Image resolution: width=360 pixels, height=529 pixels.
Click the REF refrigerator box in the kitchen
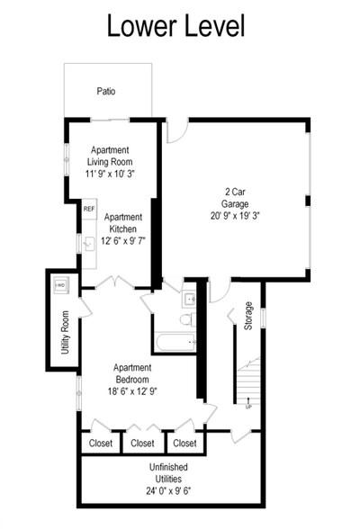coord(88,209)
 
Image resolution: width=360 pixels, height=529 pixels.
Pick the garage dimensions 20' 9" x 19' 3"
coord(234,216)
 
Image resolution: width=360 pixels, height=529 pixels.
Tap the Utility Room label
coord(65,332)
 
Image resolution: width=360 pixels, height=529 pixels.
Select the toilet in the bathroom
coord(186,319)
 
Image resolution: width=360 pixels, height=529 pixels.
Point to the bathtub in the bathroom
coord(175,341)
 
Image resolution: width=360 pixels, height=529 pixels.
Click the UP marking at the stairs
coord(248,406)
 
